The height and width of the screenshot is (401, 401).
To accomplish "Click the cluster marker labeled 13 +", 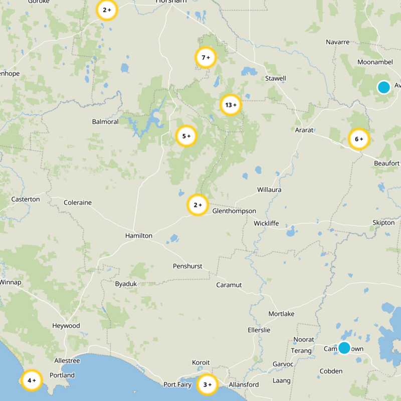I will tap(231, 105).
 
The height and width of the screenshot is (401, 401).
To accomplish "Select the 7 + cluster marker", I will tap(205, 58).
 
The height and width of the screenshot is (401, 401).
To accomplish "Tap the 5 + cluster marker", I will tap(186, 136).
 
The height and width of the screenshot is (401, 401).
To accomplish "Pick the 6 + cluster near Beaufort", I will tap(358, 139).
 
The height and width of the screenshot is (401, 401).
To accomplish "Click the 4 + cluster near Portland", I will tap(32, 380).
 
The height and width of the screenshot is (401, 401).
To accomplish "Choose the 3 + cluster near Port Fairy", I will tap(207, 385).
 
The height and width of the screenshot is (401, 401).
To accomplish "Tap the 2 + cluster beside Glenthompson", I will tap(197, 205).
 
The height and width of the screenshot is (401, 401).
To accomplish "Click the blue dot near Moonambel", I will tap(383, 87).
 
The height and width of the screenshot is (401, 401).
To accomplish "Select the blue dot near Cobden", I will tap(344, 347).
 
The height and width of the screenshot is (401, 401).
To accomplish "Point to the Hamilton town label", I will tap(138, 236).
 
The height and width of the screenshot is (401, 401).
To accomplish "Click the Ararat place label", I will tap(304, 130).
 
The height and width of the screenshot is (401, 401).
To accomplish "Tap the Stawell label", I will tap(275, 79).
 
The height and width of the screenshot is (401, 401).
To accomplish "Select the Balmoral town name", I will tap(105, 122).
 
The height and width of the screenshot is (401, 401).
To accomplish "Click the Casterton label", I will tap(26, 199).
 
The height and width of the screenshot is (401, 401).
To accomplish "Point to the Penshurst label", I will tap(187, 266).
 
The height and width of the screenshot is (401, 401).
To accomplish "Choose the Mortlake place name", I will tap(281, 314).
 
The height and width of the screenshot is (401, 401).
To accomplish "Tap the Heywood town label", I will tap(66, 326).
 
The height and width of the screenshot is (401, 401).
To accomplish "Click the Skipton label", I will tap(383, 223).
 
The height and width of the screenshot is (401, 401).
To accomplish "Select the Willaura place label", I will tap(269, 190).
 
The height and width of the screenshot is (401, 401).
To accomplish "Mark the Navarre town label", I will tap(337, 42).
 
